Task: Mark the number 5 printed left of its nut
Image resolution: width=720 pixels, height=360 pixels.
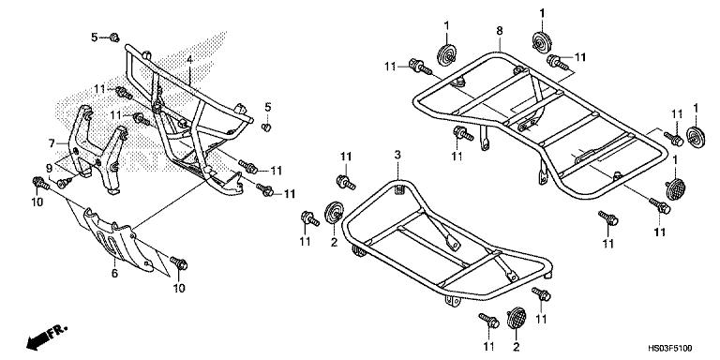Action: [x=94, y=37]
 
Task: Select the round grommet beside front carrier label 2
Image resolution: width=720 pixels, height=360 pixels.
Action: [x=333, y=211]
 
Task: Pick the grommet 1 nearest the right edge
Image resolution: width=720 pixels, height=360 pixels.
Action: [x=695, y=133]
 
